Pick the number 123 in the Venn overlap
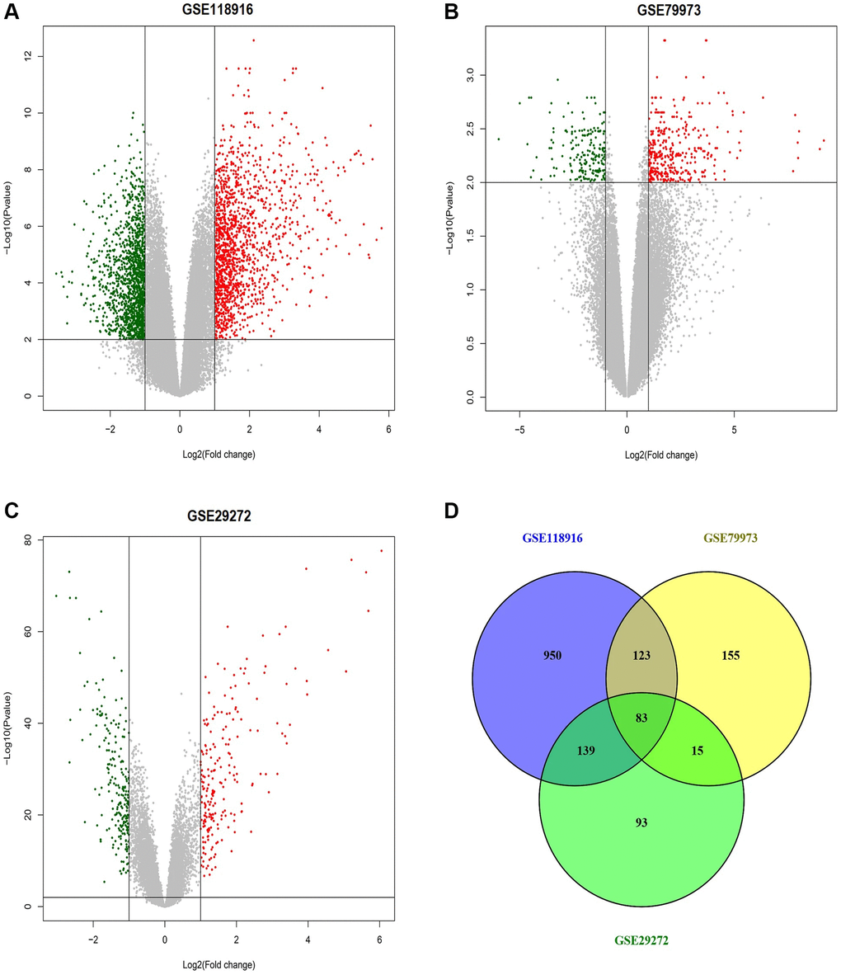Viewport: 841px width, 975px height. tap(641, 656)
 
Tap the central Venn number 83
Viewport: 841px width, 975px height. tap(641, 718)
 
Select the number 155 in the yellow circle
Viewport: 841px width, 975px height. tap(730, 656)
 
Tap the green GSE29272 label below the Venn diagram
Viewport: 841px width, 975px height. tap(641, 940)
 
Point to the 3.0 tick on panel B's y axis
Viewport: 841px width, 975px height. tap(470, 75)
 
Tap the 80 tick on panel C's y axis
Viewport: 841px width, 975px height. tap(28, 540)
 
